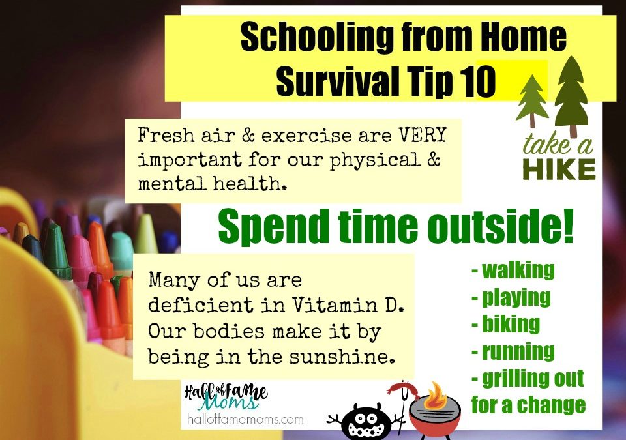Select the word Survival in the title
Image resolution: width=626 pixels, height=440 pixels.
tap(337, 81)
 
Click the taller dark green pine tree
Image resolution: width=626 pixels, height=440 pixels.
tap(571, 96)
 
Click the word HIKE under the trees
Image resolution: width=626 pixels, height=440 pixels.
tap(559, 169)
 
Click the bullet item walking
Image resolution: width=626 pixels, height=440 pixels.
tap(513, 271)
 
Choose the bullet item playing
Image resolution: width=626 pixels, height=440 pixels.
tap(511, 298)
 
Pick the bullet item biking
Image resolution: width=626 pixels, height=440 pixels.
tap(506, 324)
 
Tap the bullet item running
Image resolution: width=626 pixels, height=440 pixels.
tap(513, 352)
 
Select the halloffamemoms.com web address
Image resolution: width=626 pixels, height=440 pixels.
tap(245, 419)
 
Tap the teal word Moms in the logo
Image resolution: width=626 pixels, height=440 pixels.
tap(229, 402)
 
